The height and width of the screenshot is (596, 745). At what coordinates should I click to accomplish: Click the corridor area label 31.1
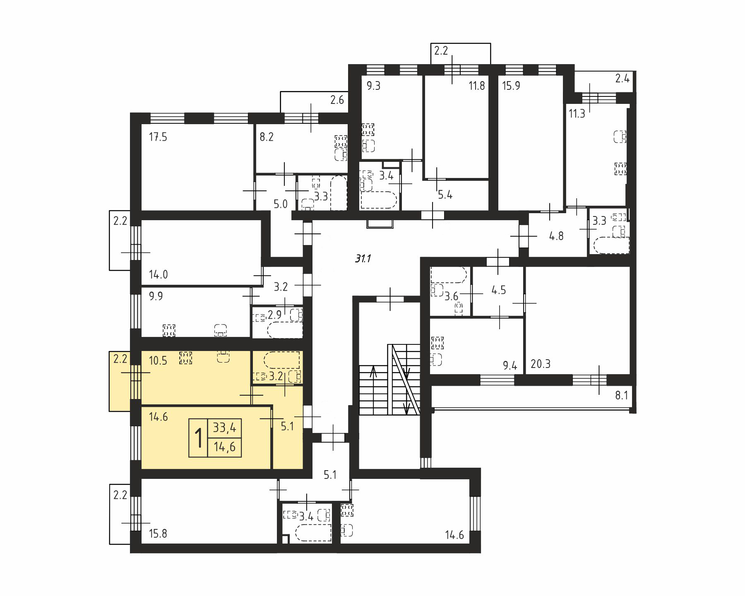[x=363, y=259]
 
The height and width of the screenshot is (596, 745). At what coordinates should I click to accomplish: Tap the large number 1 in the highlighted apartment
[x=199, y=439]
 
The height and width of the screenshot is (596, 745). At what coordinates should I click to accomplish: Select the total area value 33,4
[x=225, y=428]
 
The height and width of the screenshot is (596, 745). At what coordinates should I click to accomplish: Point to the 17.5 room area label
[x=158, y=137]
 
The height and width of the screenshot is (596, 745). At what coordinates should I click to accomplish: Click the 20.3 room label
[x=541, y=364]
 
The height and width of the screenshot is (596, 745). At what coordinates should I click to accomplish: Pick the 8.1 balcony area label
[x=622, y=396]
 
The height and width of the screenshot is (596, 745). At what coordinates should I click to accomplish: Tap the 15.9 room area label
[x=511, y=86]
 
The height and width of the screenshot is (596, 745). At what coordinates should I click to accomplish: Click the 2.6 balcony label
[x=337, y=100]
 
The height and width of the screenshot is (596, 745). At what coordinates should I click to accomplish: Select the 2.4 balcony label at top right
[x=622, y=78]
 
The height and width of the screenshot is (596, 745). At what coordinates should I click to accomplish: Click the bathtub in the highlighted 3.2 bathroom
[x=282, y=360]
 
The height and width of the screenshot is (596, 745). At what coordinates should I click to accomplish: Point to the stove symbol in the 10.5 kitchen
[x=186, y=358]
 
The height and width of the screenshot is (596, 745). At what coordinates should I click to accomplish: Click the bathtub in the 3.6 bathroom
[x=449, y=274]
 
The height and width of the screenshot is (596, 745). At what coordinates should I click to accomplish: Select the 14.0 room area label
[x=158, y=274]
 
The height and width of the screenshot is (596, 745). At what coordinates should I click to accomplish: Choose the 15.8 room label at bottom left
[x=158, y=534]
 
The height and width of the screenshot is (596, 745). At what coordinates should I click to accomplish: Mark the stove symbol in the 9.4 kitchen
[x=437, y=343]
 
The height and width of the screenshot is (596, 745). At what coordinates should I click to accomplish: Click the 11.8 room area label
[x=477, y=86]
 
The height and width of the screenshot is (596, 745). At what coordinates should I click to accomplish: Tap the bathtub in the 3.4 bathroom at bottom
[x=314, y=533]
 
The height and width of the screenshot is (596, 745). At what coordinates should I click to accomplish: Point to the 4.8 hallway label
[x=556, y=236]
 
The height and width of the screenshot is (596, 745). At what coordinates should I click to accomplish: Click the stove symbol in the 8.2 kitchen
[x=341, y=141]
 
